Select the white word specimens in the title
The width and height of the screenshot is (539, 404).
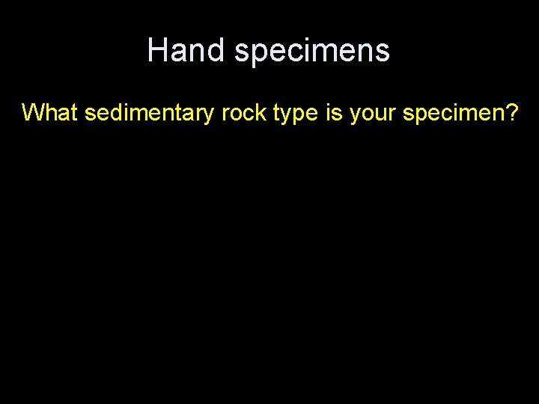point(311,50)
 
